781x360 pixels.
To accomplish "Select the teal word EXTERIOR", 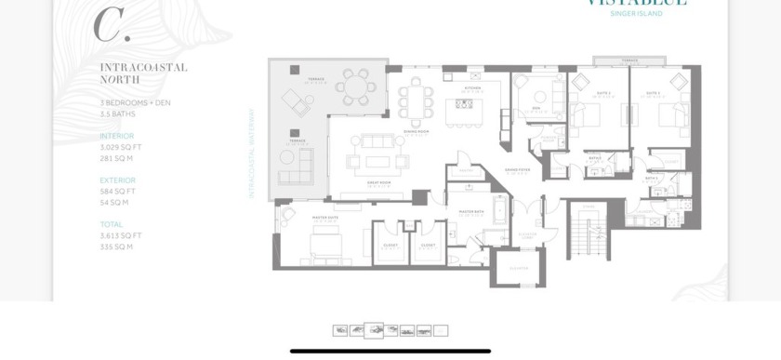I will (117, 180).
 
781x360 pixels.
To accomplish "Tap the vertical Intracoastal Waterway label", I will (251, 153).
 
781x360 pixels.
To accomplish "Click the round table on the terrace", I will (355, 87).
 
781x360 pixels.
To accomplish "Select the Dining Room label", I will (416, 132).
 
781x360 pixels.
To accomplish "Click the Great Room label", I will (377, 183).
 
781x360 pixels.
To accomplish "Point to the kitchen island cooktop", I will (463, 103).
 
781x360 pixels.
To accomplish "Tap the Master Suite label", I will (325, 218).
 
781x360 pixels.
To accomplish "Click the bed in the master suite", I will (325, 244).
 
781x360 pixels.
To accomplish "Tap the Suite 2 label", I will (603, 93).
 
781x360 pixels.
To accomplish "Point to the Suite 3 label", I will (654, 93).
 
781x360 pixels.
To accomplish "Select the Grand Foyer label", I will (518, 170).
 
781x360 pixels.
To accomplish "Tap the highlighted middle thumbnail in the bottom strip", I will (374, 330).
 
